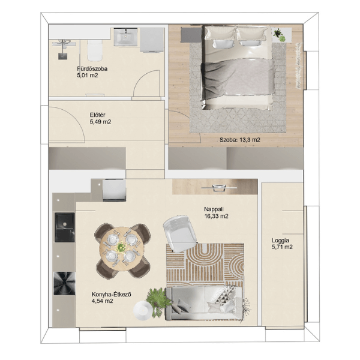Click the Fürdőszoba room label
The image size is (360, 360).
click(x=92, y=68)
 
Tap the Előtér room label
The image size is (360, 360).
click(x=98, y=115)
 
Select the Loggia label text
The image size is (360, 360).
click(x=280, y=241)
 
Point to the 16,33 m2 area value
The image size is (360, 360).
click(x=216, y=216)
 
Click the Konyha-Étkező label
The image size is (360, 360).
click(x=112, y=294)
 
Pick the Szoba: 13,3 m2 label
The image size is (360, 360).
click(x=239, y=140)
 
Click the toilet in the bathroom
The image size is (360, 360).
click(x=95, y=50)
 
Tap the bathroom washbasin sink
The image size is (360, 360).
click(x=125, y=37)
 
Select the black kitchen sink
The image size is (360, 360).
click(x=65, y=227)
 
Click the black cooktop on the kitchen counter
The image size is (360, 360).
click(x=64, y=283)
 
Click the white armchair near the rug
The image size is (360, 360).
click(x=180, y=233)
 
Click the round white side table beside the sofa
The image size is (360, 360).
click(x=142, y=310)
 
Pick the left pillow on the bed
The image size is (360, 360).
click(x=220, y=33)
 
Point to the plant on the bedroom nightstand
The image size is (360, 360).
click(x=278, y=33)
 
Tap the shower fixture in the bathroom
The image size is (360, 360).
click(x=63, y=49)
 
